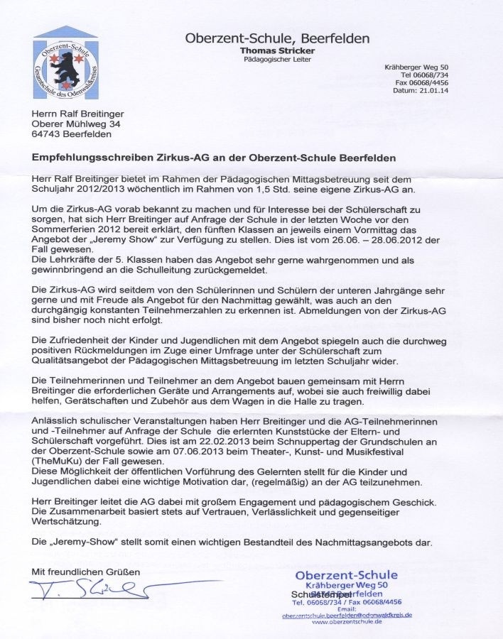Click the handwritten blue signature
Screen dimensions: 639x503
tap(92, 589)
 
